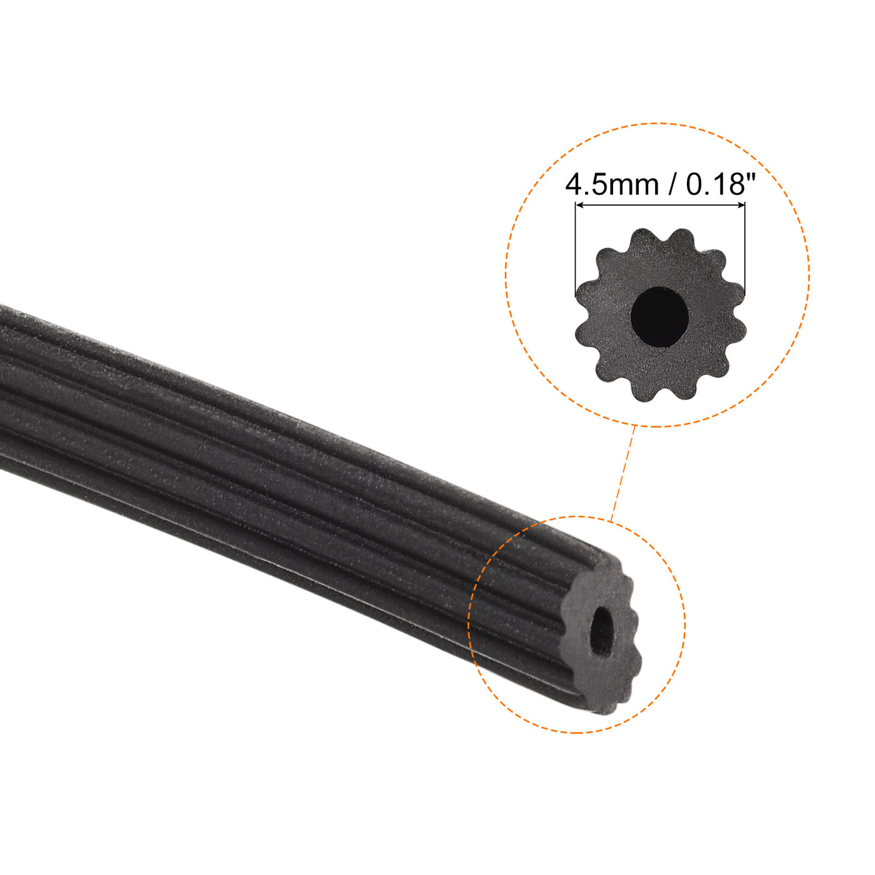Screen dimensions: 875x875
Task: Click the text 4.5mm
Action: (x=612, y=185)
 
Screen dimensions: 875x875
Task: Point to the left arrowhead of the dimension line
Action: (x=579, y=205)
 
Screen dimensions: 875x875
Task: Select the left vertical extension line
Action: (x=575, y=250)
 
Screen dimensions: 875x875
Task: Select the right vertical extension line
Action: (x=745, y=250)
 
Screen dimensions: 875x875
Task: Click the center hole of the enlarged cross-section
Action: (x=659, y=316)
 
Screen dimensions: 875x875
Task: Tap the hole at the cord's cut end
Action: (x=602, y=631)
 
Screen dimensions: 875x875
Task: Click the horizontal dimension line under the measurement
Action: (x=660, y=205)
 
